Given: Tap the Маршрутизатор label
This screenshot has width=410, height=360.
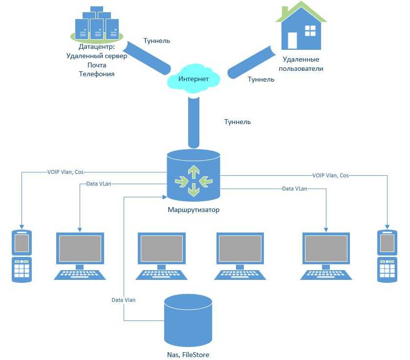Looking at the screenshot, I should coord(194,211).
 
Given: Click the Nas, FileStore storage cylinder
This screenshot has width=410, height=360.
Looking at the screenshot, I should coord(188,320).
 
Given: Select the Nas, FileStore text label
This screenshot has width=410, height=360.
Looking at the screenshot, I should coord(189,355).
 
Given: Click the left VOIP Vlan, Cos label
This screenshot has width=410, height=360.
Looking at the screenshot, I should coord(66,172).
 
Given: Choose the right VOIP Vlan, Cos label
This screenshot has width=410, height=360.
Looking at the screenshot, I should coord(331,175).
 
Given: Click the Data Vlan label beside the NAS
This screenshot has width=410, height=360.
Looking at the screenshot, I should coord(124,300).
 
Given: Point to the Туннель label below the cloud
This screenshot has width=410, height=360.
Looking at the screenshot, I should coord(237,122).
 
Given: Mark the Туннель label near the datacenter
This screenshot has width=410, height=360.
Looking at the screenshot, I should coord(156,41).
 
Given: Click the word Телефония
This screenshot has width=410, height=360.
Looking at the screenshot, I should coord(97,74).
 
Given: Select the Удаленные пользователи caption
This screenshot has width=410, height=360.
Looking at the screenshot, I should coord(301,64).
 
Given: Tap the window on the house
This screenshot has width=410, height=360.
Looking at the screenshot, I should coord(310,31).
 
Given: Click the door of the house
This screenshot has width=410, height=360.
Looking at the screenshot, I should coord(292,40).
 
